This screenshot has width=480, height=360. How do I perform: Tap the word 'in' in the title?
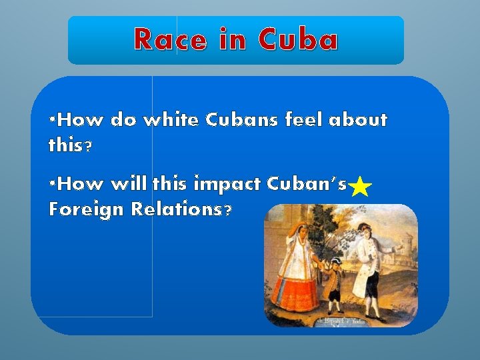(230, 40)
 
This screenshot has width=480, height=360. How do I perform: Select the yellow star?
(360, 187)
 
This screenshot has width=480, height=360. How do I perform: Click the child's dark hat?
(335, 261)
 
